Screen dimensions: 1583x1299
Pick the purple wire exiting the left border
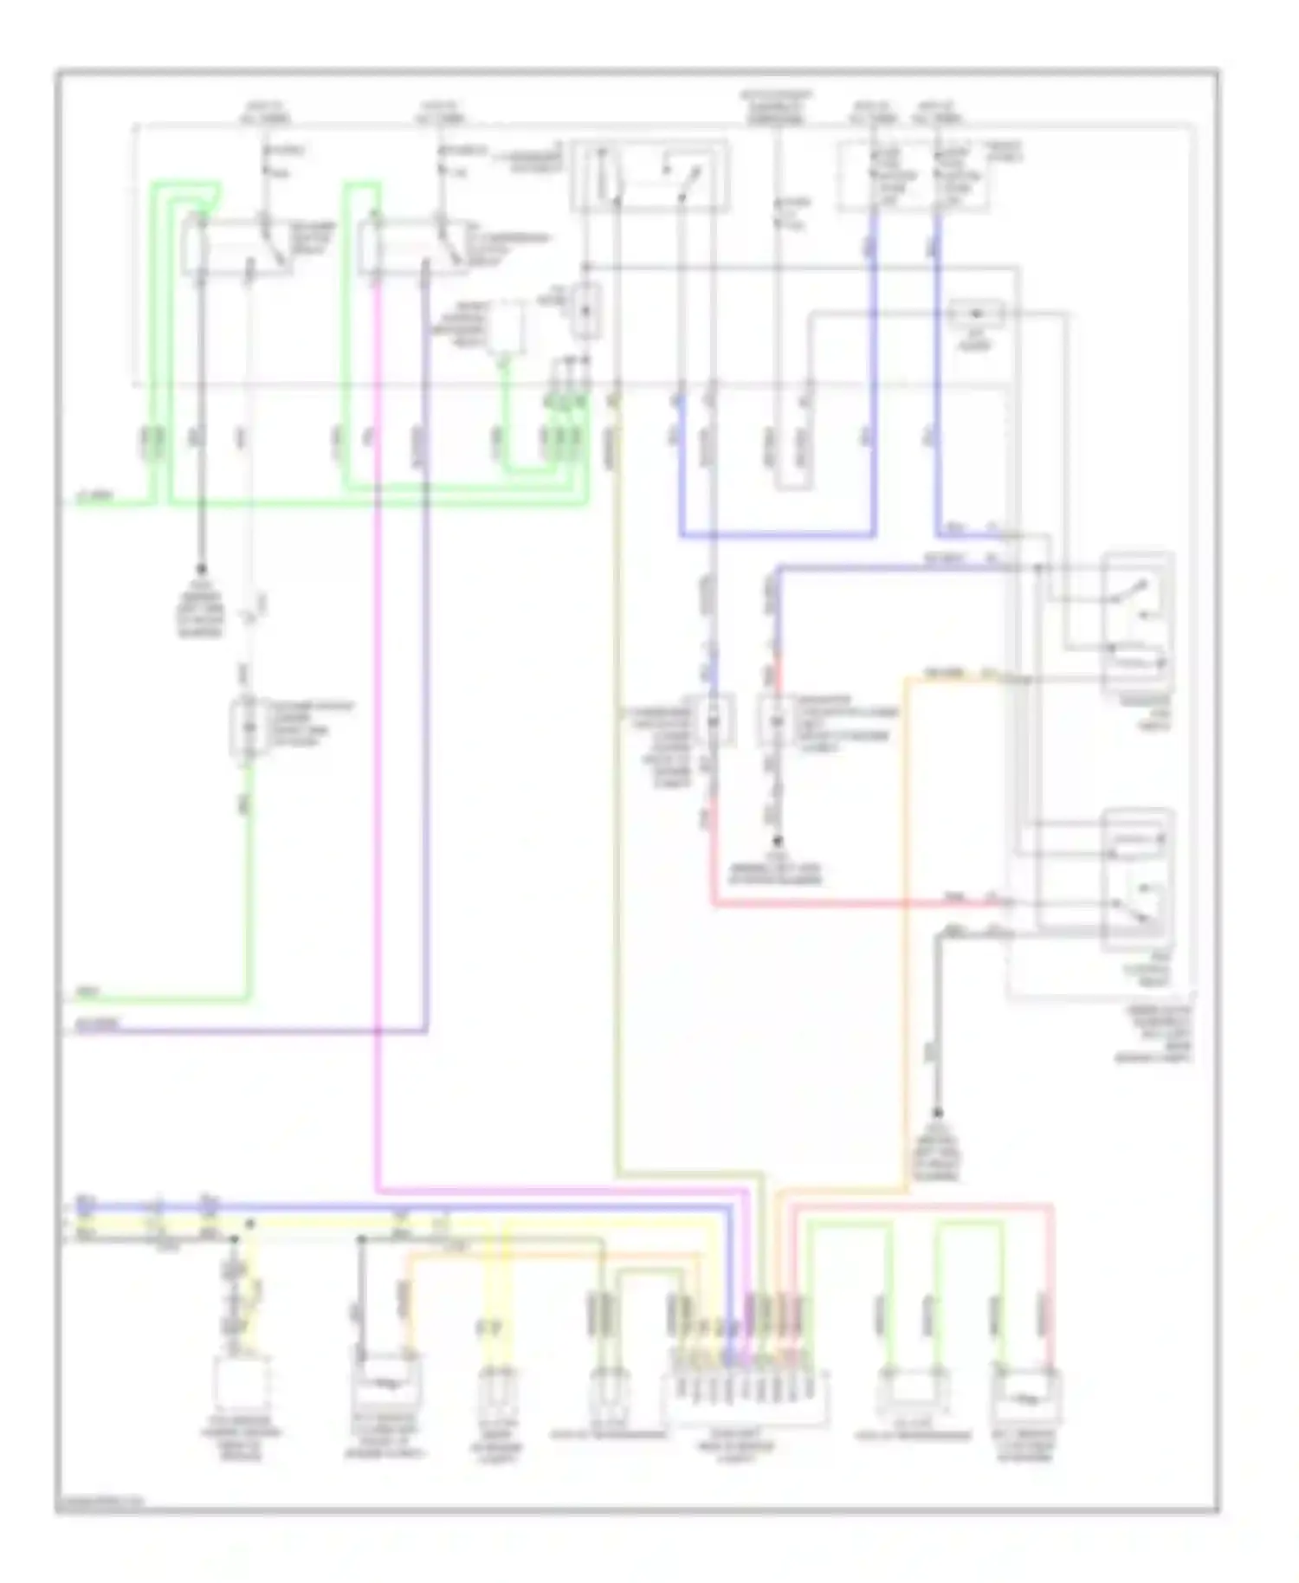[260, 1031]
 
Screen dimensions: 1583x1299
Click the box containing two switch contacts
[649, 176]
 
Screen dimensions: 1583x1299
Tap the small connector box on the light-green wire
[248, 726]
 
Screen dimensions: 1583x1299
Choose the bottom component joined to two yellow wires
[497, 1394]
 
